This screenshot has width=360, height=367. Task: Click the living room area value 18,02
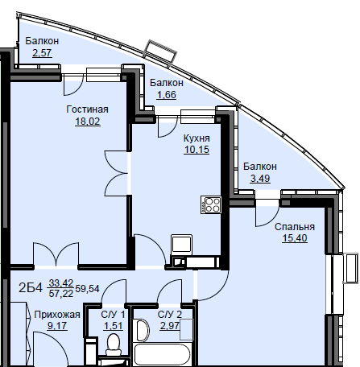(88, 122)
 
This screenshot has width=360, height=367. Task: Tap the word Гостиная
(88, 109)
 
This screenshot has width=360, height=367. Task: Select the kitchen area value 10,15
(197, 150)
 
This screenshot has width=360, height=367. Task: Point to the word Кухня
(197, 138)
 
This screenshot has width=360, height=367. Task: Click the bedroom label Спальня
(295, 227)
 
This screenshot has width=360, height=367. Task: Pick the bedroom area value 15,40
(295, 238)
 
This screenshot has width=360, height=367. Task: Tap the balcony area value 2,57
(42, 53)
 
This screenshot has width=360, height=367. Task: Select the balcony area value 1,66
(167, 95)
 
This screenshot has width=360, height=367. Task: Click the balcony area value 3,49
(260, 179)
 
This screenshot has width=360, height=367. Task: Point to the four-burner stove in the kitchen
(211, 205)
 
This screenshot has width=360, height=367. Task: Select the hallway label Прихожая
(57, 315)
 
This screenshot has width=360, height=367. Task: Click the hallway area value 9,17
(57, 326)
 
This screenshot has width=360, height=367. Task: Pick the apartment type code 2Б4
(31, 288)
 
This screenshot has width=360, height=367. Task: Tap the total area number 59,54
(88, 289)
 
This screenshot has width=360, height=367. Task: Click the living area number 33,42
(61, 282)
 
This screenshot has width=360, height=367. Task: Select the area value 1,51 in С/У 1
(114, 326)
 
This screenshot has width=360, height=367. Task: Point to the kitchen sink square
(182, 244)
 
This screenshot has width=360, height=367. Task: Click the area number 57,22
(61, 294)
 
